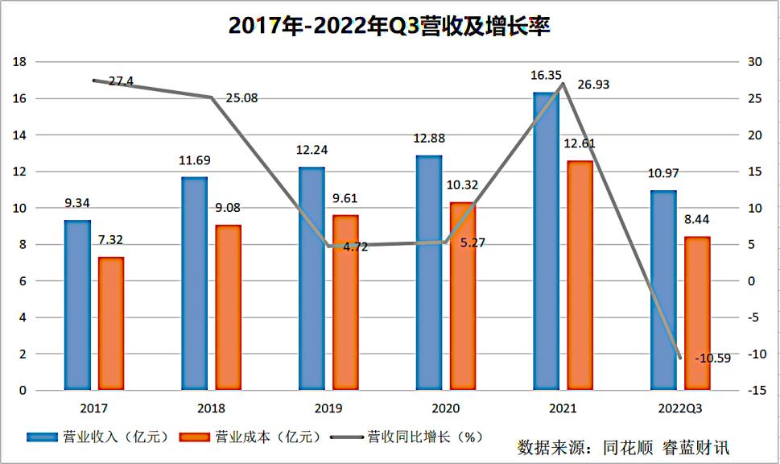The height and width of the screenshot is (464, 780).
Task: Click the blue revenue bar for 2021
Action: pyautogui.click(x=546, y=242)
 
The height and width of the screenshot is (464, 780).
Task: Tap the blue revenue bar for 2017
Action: pyautogui.click(x=77, y=305)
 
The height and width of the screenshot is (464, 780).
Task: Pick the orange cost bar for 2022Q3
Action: pyautogui.click(x=697, y=313)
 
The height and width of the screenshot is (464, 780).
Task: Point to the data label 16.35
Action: pyautogui.click(x=546, y=76)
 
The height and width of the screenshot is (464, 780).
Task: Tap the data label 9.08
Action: pyautogui.click(x=228, y=208)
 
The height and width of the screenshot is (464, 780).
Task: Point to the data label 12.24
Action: pyautogui.click(x=312, y=150)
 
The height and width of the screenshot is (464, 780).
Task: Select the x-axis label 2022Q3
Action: pyautogui.click(x=680, y=408)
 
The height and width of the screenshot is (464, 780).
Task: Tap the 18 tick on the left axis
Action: pyautogui.click(x=21, y=62)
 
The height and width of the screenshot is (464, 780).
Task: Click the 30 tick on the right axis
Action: pyautogui.click(x=755, y=62)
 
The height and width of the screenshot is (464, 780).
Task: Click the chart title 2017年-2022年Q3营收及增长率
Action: pyautogui.click(x=390, y=26)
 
